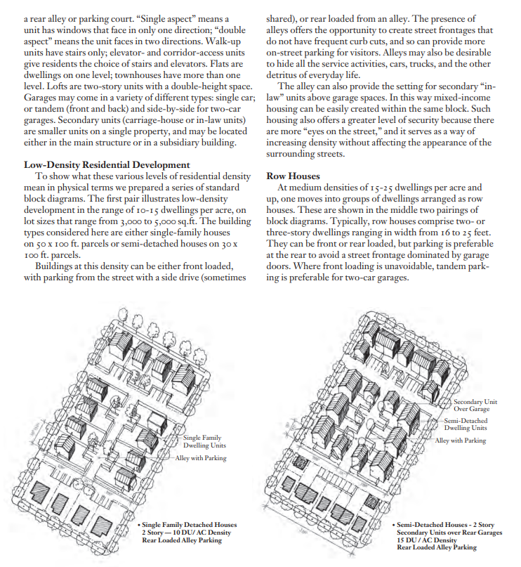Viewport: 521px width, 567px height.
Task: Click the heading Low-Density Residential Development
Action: (x=107, y=164)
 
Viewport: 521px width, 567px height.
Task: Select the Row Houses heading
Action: (x=293, y=176)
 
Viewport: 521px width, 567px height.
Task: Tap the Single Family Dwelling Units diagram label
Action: (x=204, y=441)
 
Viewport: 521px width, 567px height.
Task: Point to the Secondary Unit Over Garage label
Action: (x=475, y=405)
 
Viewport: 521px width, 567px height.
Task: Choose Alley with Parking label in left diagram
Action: (x=202, y=457)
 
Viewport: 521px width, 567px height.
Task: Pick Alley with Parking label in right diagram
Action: (x=461, y=441)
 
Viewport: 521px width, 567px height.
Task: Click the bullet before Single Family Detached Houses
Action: (x=138, y=525)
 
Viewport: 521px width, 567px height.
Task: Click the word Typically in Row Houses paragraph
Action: (x=343, y=220)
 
